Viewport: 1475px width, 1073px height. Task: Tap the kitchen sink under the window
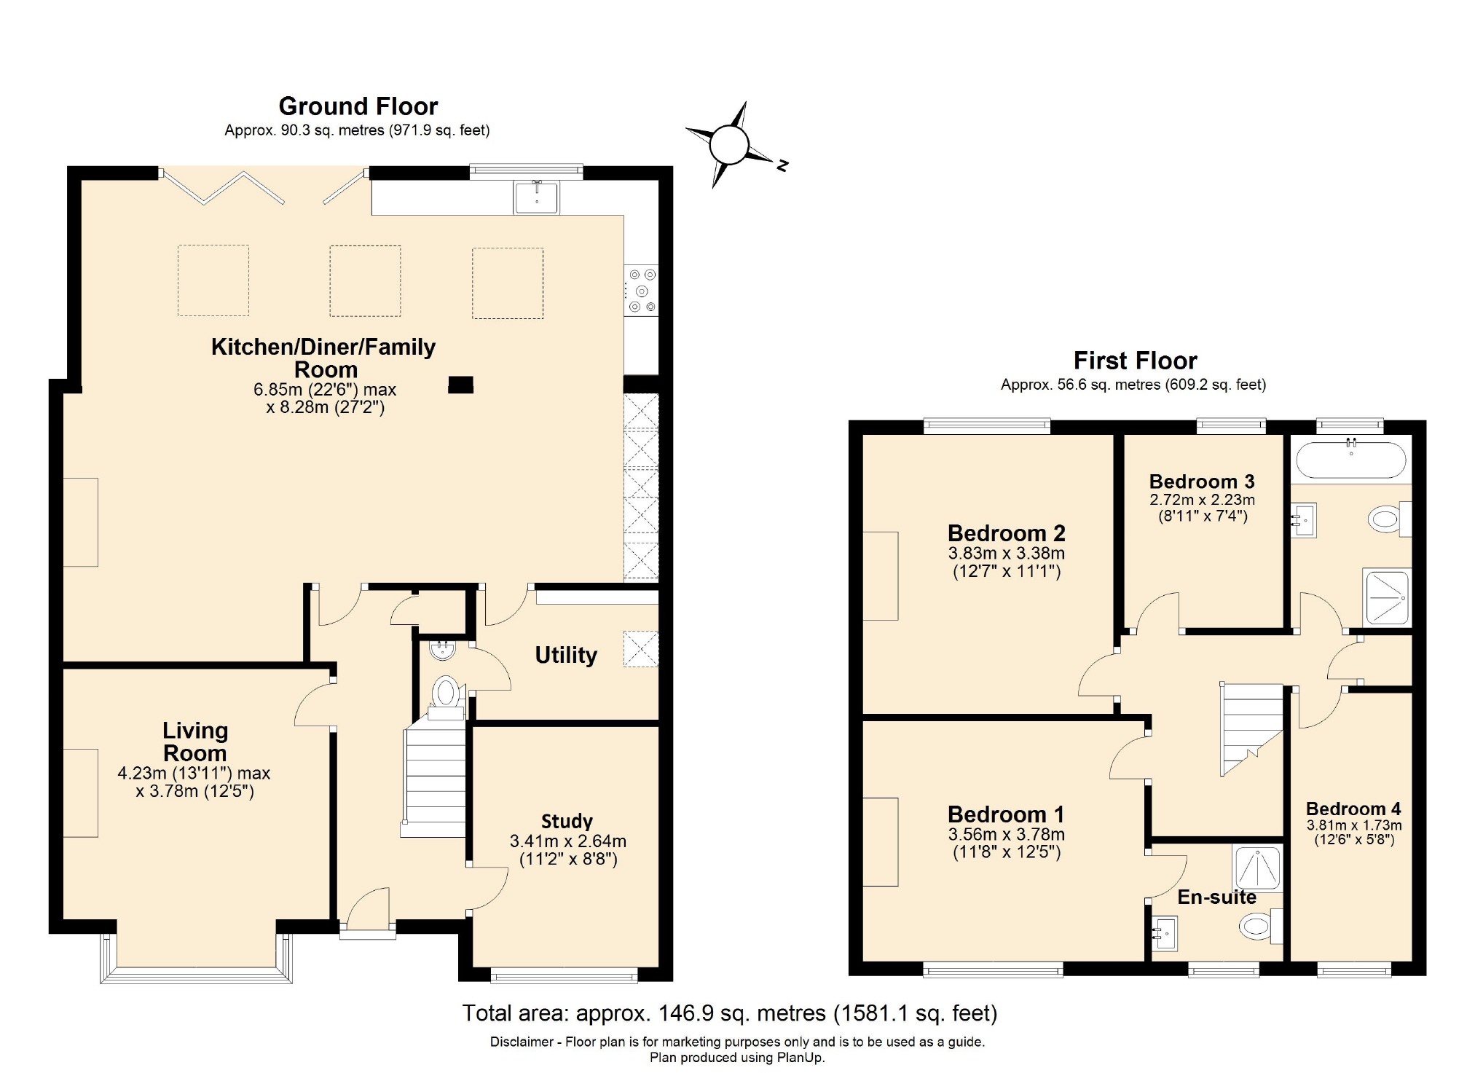click(x=537, y=197)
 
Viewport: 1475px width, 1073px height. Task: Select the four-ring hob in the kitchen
click(x=642, y=290)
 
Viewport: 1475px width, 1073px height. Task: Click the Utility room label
click(x=566, y=655)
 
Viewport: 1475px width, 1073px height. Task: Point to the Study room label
click(x=567, y=822)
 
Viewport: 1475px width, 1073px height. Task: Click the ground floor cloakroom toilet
click(x=446, y=693)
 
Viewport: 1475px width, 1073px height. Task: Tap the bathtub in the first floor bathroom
click(x=1350, y=460)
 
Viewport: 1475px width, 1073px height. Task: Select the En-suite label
click(x=1216, y=897)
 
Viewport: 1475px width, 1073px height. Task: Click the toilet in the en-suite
click(x=1259, y=927)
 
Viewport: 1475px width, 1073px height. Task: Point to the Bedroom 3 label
click(x=1202, y=482)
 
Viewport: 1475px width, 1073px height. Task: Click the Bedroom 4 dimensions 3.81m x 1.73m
click(x=1353, y=825)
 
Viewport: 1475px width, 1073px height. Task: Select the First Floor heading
click(x=1135, y=361)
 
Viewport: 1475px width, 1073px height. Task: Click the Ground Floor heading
click(x=358, y=106)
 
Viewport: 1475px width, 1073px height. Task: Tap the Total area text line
click(x=729, y=1013)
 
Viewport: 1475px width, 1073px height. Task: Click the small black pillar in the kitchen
click(x=460, y=385)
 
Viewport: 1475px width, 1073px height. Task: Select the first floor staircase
click(x=1251, y=728)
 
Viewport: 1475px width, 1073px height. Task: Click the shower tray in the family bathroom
click(x=1388, y=597)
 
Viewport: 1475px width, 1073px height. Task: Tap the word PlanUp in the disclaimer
click(x=799, y=1058)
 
